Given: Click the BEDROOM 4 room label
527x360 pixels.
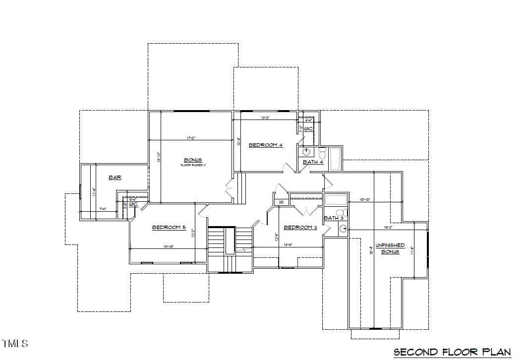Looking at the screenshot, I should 265,145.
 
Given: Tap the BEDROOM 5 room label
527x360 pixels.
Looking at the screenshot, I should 169,227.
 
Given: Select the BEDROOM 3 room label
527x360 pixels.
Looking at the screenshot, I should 300,227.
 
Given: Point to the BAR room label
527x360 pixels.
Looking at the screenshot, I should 115,177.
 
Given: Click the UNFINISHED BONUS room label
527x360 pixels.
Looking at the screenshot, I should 390,248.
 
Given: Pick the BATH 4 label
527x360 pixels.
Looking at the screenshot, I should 313,162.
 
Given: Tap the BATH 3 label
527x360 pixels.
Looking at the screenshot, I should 334,218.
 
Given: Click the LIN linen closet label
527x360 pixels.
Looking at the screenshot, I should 281,201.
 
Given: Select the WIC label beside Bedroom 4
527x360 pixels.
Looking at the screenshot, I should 308,129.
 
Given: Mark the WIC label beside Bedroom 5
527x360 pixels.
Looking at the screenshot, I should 133,204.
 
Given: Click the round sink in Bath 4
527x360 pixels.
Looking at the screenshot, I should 306,152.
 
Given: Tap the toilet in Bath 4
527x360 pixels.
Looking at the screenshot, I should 322,151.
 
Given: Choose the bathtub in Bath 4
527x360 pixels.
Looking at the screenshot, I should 336,156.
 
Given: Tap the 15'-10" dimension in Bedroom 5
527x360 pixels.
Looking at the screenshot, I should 169,246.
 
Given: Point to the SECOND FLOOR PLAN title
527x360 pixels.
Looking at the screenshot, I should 452,352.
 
